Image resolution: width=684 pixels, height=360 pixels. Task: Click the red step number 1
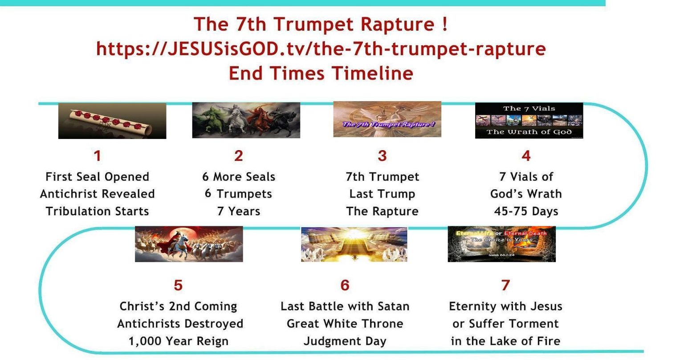click(97, 156)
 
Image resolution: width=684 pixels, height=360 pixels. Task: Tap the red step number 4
click(526, 156)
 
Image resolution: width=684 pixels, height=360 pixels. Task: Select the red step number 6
click(345, 285)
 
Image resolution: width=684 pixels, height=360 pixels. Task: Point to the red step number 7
click(505, 285)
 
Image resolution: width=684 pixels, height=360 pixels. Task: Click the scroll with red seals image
click(112, 121)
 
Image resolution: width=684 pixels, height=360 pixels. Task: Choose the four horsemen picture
click(246, 120)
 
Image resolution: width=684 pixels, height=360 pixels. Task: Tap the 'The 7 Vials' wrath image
click(529, 120)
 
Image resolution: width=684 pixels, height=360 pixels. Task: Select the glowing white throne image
click(354, 244)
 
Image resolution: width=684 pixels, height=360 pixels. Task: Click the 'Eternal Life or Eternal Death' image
click(501, 244)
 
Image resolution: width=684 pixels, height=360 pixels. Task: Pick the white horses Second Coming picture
click(189, 244)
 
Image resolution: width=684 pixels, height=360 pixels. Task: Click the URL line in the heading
click(321, 49)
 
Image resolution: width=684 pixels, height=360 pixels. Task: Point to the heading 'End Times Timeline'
click(321, 73)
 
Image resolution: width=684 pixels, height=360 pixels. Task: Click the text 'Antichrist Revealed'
click(97, 194)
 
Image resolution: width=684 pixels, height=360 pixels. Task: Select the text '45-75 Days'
click(526, 211)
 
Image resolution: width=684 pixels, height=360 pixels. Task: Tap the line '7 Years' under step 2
click(238, 211)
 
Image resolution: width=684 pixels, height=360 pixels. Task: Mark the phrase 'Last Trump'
click(382, 194)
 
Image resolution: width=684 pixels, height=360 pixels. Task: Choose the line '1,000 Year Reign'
click(179, 341)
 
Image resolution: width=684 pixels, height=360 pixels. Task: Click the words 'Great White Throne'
click(345, 324)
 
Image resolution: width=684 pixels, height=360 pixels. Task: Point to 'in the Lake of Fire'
click(505, 341)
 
